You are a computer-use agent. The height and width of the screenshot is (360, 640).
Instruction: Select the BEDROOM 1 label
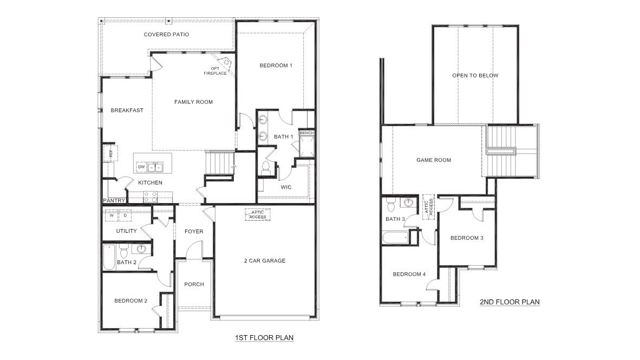276,66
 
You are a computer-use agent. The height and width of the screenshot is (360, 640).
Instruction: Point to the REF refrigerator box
110,153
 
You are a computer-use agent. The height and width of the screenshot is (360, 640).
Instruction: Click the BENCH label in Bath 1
306,133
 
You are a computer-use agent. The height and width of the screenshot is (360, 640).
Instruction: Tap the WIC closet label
286,187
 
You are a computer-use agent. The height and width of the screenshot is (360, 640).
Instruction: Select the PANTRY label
114,201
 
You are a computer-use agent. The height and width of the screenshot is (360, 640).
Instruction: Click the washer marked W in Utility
112,215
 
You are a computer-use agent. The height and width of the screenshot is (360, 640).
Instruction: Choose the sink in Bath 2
142,250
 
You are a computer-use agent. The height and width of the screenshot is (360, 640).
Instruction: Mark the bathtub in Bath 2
109,258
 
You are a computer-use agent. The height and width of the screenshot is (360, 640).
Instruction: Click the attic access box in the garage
258,215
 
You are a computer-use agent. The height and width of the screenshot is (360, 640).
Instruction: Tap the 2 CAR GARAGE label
264,261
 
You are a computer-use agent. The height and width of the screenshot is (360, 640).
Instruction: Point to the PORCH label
194,285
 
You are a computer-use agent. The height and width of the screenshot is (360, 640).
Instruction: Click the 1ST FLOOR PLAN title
264,338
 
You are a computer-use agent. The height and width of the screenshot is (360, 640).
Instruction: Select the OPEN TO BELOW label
475,76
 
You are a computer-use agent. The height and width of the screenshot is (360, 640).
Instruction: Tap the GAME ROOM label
434,160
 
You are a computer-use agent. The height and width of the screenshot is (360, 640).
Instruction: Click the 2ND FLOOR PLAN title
510,302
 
